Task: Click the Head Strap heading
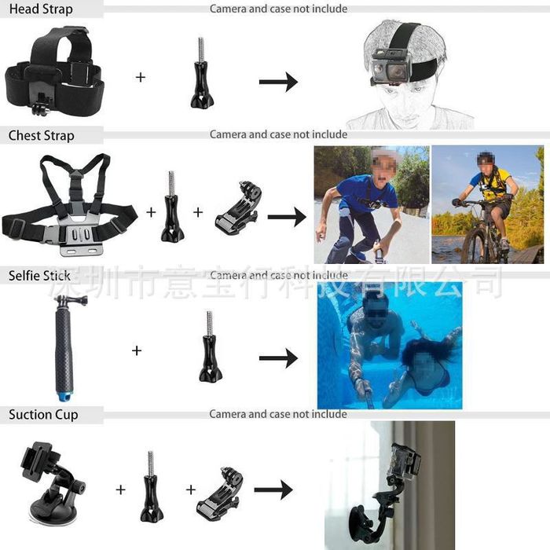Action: [x=41, y=9]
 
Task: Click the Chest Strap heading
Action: [x=42, y=135]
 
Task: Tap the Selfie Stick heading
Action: [x=39, y=275]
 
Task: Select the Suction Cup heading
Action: [x=43, y=415]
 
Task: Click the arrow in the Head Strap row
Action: [x=278, y=82]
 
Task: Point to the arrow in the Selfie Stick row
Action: [x=278, y=358]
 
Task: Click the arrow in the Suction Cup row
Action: [x=273, y=489]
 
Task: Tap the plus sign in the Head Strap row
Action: [x=141, y=77]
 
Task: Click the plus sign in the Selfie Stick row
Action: [x=137, y=350]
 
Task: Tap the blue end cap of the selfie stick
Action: [x=64, y=396]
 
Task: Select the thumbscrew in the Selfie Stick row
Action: [x=210, y=346]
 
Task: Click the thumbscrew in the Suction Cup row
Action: [x=151, y=486]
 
